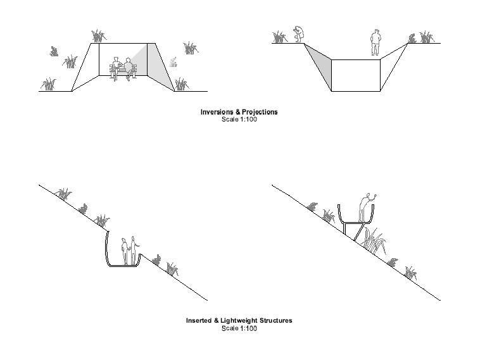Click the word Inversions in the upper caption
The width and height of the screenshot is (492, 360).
coord(217,112)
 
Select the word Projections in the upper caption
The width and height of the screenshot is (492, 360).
coord(259,112)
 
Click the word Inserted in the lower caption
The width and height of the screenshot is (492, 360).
coord(198,321)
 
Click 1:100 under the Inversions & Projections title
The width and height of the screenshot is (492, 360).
coord(247,119)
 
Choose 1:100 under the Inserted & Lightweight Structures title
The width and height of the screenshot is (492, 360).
coord(247,328)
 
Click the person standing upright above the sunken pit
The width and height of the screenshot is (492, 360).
coord(375,42)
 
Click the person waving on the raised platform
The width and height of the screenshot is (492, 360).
coord(366,206)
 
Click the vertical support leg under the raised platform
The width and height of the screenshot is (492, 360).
coord(344,229)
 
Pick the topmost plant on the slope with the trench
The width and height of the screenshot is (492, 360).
coord(63,193)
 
